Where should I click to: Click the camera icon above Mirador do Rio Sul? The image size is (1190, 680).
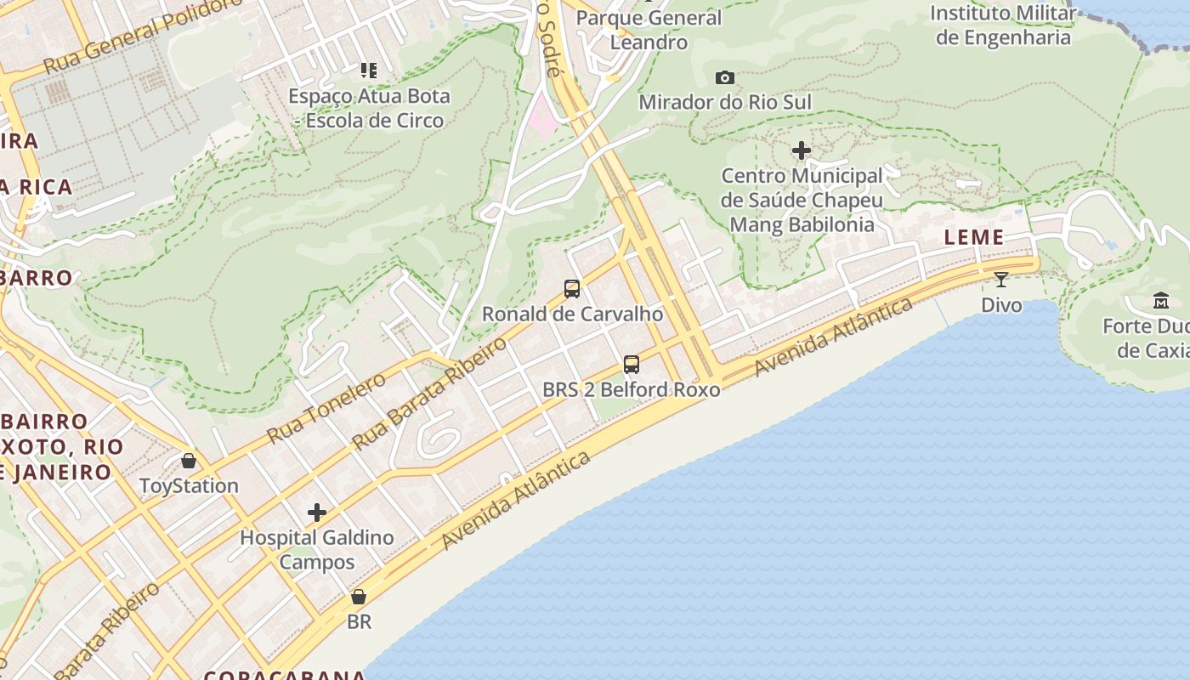[725, 77]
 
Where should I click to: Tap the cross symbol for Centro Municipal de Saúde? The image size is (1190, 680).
[801, 151]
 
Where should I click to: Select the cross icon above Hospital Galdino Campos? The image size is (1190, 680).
[317, 513]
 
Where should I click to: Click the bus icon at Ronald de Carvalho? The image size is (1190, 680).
[572, 289]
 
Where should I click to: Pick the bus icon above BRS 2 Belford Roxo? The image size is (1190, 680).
[631, 365]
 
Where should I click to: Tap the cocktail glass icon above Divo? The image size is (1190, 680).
[1001, 279]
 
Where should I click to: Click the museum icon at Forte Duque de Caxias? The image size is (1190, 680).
[1160, 300]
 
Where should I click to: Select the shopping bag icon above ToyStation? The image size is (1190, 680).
[189, 461]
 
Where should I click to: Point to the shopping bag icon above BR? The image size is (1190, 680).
[359, 597]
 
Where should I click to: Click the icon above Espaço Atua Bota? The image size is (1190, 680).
[368, 70]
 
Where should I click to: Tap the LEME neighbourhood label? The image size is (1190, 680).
[974, 237]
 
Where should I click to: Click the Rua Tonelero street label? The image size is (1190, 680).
[326, 408]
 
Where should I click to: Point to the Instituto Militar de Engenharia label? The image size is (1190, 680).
[1003, 25]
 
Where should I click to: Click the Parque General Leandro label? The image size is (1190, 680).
[649, 30]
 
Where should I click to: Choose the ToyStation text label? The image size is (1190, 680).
[189, 486]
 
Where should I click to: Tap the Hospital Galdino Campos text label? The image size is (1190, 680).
[317, 550]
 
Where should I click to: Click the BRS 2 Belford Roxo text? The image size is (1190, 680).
[632, 390]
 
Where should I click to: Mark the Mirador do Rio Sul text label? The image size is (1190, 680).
[725, 103]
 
